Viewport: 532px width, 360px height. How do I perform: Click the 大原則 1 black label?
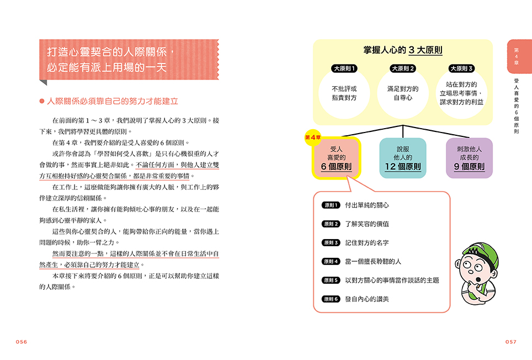[344, 68]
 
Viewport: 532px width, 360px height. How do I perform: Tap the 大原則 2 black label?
[403, 68]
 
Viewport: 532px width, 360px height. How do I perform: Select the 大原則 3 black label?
[461, 68]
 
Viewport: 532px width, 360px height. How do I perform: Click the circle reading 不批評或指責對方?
[344, 93]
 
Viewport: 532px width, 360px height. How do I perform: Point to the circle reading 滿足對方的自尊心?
[403, 93]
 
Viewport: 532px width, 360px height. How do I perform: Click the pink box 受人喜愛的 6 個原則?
[336, 158]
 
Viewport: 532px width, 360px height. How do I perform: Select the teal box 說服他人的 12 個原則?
[403, 158]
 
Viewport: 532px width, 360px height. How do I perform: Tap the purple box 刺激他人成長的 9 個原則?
[469, 158]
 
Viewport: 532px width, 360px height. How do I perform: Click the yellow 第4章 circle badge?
[313, 137]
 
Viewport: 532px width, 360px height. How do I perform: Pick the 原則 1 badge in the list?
[331, 205]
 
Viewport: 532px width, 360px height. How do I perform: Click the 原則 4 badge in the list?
[331, 262]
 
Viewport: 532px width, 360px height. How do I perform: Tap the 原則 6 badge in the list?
[331, 299]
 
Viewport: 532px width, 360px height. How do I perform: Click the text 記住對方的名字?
[367, 243]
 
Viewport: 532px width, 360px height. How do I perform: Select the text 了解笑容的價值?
[367, 224]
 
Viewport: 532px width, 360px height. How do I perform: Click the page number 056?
[22, 342]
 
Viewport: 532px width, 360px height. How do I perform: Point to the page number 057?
[511, 342]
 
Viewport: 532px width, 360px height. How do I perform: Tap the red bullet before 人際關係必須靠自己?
[42, 101]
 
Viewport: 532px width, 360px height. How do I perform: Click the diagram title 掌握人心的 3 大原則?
[403, 50]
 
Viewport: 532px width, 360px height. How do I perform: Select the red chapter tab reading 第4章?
[518, 56]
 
